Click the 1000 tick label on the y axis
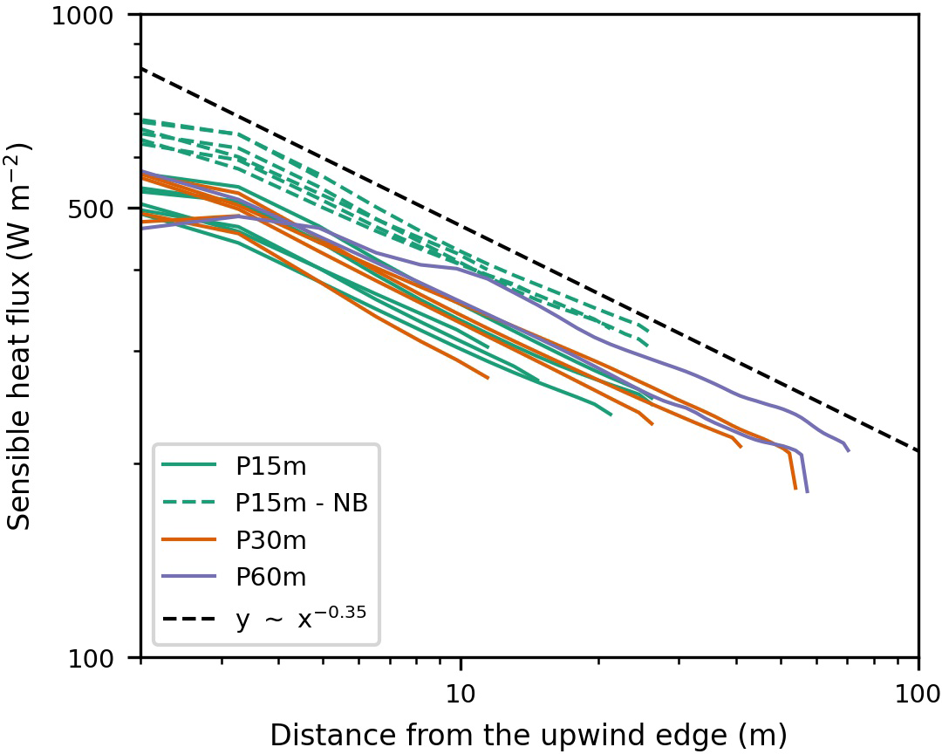click(97, 15)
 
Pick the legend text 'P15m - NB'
click(301, 504)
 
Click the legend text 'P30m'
click(270, 541)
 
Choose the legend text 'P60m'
click(270, 577)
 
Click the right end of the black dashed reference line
click(918, 450)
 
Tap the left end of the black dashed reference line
click(141, 68)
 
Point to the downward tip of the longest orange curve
click(795, 488)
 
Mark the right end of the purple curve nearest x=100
click(848, 450)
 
